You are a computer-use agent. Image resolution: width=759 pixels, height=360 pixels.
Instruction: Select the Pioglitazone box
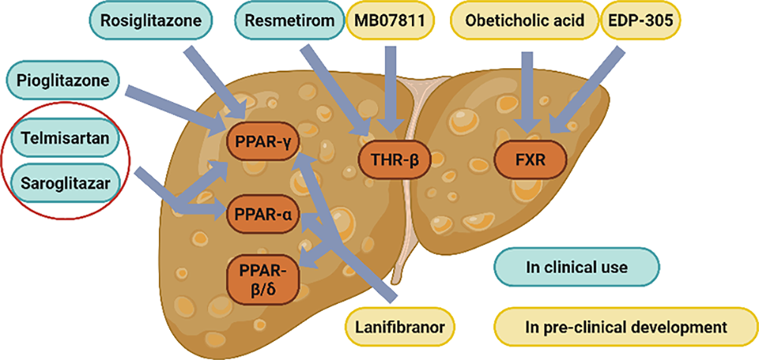[60, 79]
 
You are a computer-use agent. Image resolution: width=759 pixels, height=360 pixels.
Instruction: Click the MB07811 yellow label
[389, 22]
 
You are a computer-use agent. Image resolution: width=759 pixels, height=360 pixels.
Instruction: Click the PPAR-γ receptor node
[260, 141]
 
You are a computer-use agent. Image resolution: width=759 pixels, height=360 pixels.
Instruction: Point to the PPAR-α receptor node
[261, 214]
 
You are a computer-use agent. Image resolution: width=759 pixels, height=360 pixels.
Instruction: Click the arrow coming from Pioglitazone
[174, 104]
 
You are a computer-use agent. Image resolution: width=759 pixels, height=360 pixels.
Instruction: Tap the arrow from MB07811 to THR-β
[391, 87]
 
